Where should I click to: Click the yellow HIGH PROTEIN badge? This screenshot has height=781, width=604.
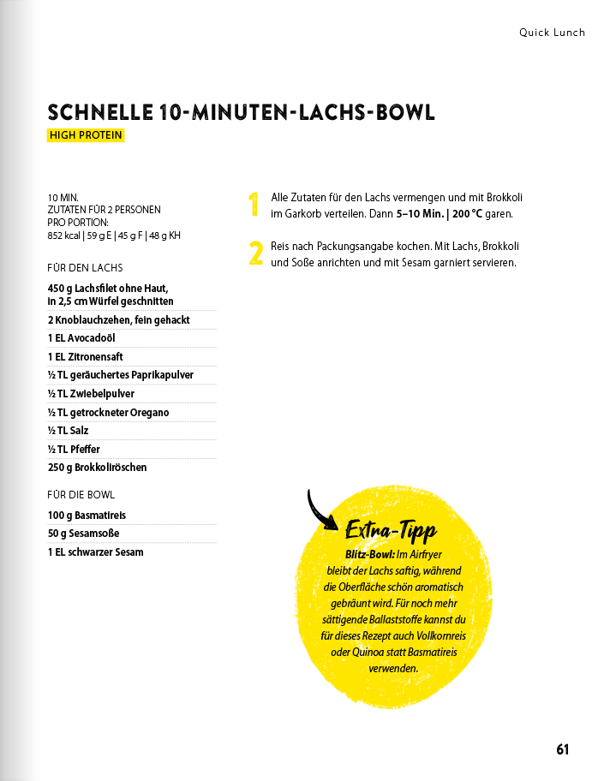(x=86, y=135)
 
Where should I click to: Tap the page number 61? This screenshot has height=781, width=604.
(x=562, y=749)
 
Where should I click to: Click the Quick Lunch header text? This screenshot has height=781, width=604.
(x=552, y=33)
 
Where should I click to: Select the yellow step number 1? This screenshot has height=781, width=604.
(x=254, y=205)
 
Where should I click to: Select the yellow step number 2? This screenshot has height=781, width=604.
(x=254, y=253)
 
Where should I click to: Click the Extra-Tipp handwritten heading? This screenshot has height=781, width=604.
(x=391, y=532)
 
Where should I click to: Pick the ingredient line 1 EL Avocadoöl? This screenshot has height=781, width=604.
(x=81, y=338)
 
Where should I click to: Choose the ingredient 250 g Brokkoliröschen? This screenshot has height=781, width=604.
(x=97, y=468)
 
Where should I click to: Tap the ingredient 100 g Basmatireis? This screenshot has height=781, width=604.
(x=87, y=516)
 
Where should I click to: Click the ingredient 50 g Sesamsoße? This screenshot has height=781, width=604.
(x=83, y=534)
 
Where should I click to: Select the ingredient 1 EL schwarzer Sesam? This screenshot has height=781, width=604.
(x=95, y=552)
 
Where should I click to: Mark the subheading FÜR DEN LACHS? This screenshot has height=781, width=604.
(x=85, y=268)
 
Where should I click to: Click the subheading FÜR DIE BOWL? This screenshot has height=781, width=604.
(x=81, y=495)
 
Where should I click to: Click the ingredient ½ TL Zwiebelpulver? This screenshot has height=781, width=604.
(x=91, y=394)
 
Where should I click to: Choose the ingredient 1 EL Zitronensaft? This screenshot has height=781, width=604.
(x=86, y=357)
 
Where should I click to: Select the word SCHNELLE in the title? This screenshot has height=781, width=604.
(x=99, y=113)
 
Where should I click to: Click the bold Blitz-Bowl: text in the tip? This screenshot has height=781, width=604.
(x=370, y=555)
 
